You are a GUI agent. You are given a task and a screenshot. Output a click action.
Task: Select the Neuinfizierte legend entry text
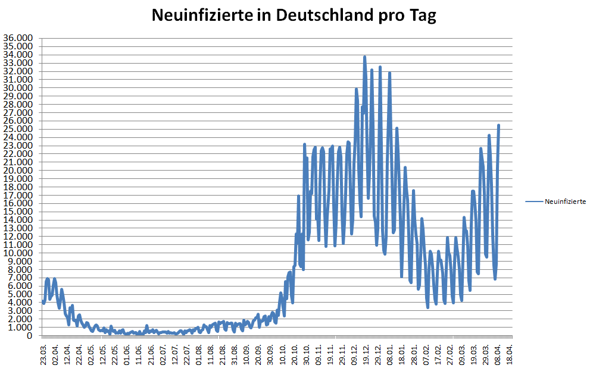565,202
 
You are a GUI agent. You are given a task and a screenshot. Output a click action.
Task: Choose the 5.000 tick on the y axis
19,294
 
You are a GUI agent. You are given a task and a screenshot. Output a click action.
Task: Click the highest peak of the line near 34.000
364,57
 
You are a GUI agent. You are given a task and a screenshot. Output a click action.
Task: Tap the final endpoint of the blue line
499,125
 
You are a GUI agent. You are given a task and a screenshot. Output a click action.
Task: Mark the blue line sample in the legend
534,202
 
